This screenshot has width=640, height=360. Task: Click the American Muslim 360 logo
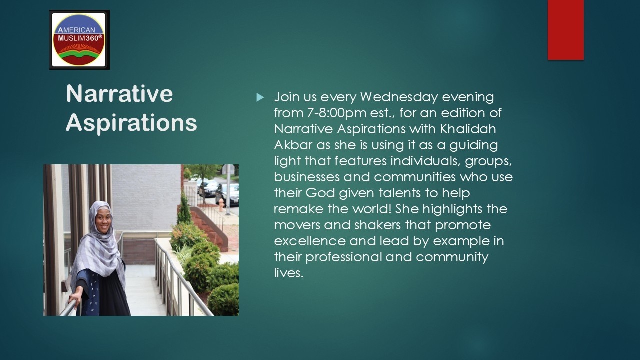coord(79,39)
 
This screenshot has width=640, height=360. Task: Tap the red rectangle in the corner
coord(565,30)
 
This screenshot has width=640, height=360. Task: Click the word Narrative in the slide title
coord(119,94)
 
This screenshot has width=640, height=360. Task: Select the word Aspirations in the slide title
coord(131,123)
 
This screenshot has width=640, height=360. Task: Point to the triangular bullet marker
coord(260,97)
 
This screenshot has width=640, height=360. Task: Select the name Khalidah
coord(468,129)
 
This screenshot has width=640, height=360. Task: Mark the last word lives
coord(288,273)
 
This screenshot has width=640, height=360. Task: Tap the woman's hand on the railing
coord(75,301)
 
